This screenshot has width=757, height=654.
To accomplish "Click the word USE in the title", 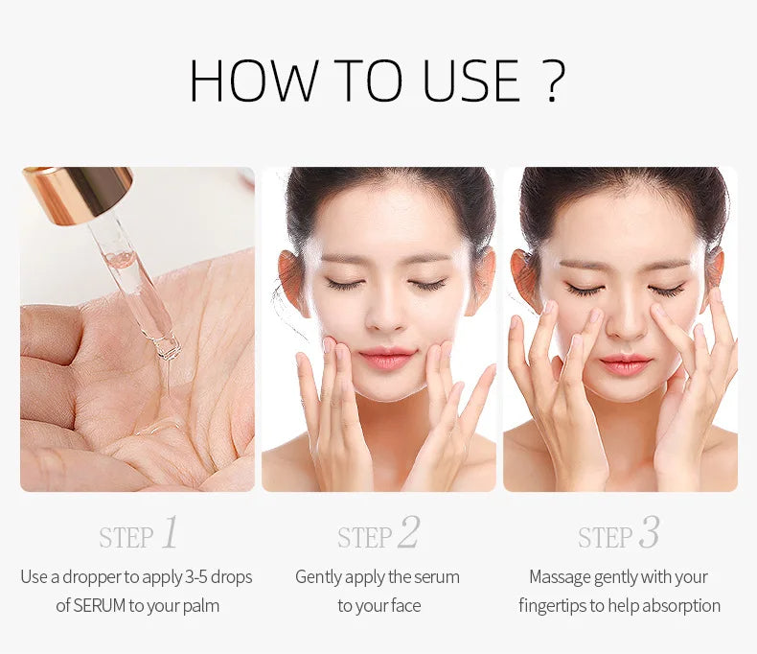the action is pos(471,81).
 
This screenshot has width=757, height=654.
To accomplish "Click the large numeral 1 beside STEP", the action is pos(170,532).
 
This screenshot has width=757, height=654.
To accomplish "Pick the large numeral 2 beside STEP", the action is pos(409,532).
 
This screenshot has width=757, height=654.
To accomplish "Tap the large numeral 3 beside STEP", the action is pos(649,532).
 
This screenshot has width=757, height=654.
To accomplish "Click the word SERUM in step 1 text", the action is pos(99,606).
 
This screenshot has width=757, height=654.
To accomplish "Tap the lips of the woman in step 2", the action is pos(386,358).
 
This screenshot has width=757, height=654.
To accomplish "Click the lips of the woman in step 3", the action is pos(625,363).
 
